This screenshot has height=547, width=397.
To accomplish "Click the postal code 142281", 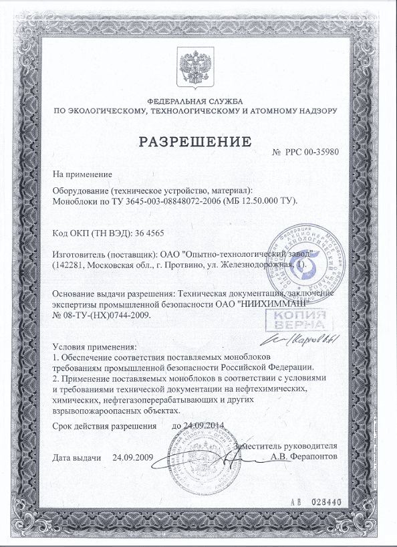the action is (72, 265).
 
